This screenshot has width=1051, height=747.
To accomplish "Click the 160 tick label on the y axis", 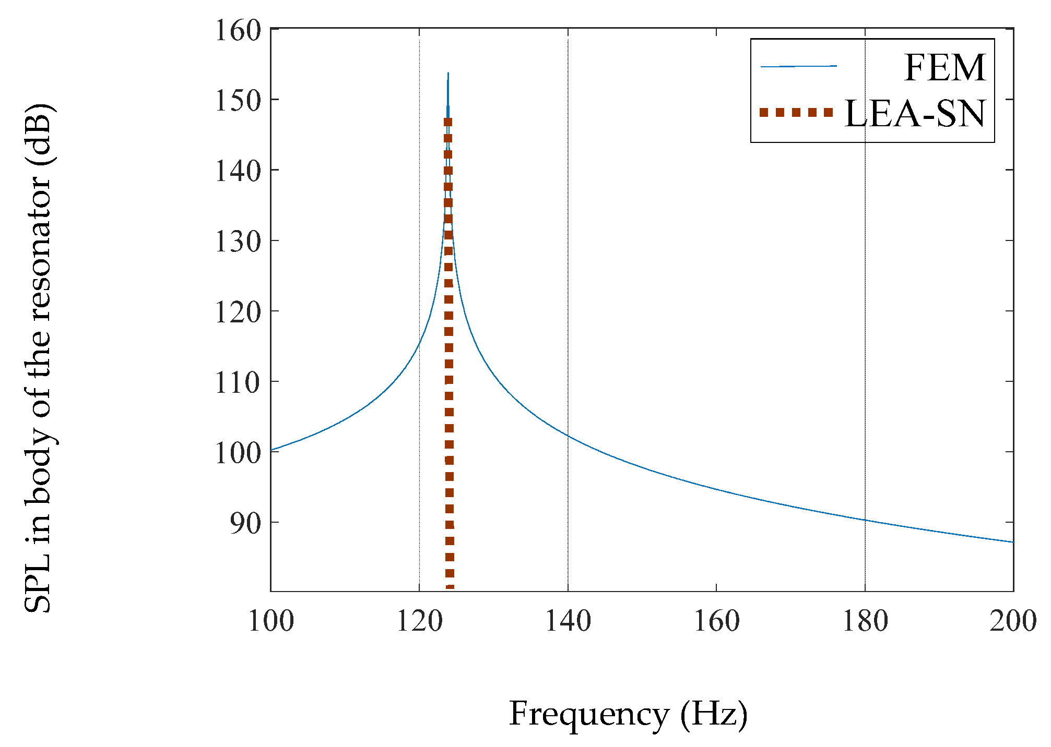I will tap(238, 31).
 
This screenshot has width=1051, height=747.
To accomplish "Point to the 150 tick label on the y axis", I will tap(238, 101).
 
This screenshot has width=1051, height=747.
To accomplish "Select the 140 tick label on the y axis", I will tap(238, 171).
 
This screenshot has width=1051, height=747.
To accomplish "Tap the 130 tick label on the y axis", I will tap(238, 242).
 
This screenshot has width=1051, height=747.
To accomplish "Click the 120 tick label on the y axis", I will tap(238, 312).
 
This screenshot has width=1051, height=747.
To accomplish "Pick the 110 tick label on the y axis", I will tap(238, 382).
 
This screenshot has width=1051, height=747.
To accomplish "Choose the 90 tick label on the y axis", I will tap(245, 523).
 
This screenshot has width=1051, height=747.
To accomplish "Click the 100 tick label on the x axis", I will tap(270, 621).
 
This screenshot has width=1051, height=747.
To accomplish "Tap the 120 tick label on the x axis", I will tap(419, 621).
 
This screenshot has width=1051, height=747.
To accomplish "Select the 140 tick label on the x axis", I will tap(568, 621).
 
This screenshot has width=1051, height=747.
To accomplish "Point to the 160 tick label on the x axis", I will tap(716, 621).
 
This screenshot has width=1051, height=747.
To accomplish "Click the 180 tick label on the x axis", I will tap(865, 621).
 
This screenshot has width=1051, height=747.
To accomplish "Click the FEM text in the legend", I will tap(944, 68).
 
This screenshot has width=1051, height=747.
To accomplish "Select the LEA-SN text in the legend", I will tap(915, 114).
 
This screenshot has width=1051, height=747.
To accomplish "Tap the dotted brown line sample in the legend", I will tap(796, 112).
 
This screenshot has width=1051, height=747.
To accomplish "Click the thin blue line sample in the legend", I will tap(798, 66).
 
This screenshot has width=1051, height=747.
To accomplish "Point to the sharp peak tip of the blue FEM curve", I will tap(448, 74).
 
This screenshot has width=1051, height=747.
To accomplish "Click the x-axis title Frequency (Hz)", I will tap(628, 714).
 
